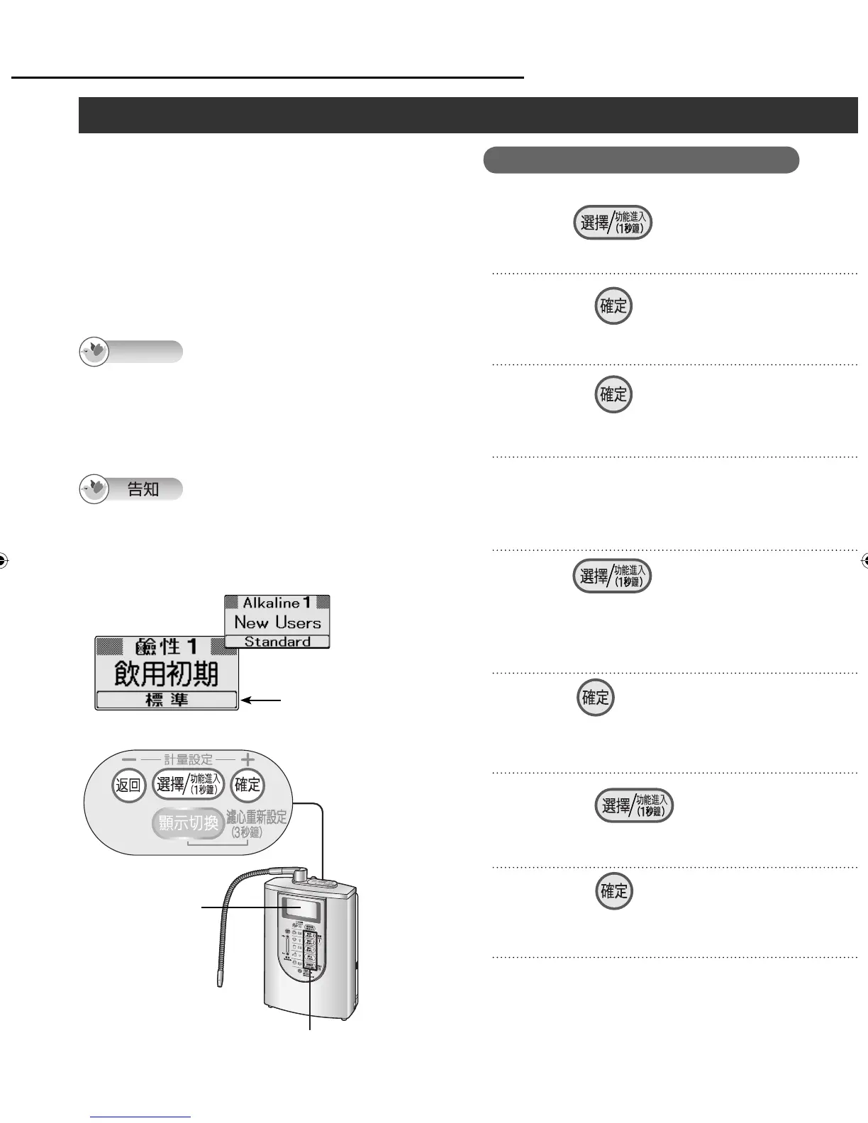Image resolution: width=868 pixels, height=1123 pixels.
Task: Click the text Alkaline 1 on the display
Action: (x=277, y=603)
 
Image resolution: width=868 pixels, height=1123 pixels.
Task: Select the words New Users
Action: (x=277, y=622)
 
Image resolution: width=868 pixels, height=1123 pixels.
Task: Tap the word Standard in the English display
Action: (x=277, y=642)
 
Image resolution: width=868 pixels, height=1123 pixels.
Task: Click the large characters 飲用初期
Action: (x=167, y=674)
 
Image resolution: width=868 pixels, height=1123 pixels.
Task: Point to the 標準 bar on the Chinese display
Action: (x=167, y=700)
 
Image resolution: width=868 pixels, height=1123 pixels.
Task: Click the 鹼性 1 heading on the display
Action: (x=167, y=647)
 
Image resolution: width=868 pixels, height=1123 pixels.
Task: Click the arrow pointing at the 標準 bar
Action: (x=262, y=700)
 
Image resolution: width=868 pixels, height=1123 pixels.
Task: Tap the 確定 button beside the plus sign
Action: (x=247, y=785)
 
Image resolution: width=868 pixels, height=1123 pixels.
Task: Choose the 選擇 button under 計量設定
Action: (x=189, y=785)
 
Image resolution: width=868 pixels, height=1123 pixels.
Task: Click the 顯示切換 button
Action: (x=188, y=824)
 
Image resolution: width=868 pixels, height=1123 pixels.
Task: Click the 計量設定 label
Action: (x=188, y=760)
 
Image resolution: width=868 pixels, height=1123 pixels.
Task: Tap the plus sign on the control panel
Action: (x=247, y=760)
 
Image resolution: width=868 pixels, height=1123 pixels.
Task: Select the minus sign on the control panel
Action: (x=128, y=760)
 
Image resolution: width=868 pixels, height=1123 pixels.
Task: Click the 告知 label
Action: (x=143, y=489)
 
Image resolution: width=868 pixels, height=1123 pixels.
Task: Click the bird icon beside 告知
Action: (x=94, y=490)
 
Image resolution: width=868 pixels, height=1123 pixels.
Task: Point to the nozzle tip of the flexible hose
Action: (x=219, y=984)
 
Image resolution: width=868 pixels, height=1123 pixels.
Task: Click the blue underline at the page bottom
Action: (x=141, y=1117)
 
